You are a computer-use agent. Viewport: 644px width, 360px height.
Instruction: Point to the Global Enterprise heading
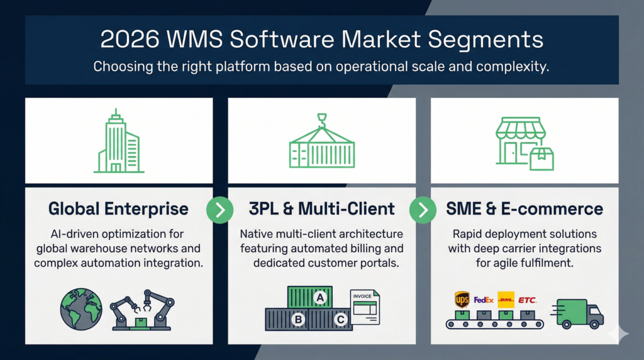pyautogui.click(x=118, y=208)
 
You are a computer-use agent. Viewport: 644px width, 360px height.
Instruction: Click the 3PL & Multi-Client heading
pyautogui.click(x=322, y=208)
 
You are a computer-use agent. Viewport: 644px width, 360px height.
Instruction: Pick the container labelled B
pyautogui.click(x=297, y=319)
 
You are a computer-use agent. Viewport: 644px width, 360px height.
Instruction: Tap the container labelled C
pyautogui.click(x=339, y=319)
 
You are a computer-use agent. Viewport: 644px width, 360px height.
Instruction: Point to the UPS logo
pyautogui.click(x=462, y=298)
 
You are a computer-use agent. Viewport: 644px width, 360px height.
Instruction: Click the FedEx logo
pyautogui.click(x=484, y=300)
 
